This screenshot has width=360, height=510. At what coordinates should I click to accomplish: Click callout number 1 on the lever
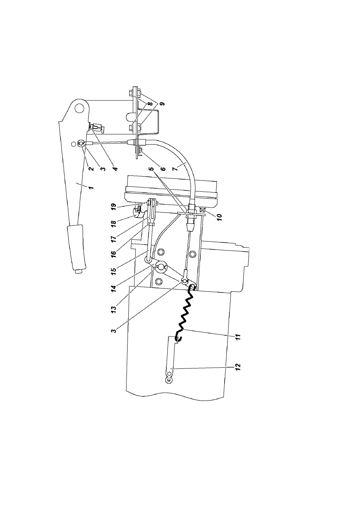[91, 188]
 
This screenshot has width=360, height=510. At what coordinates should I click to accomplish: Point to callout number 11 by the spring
[238, 337]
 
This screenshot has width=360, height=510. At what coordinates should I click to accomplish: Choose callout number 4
[115, 169]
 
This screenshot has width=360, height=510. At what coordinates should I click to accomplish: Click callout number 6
[163, 169]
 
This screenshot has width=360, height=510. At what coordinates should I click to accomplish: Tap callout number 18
[114, 223]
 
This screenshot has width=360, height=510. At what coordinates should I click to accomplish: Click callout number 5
[152, 169]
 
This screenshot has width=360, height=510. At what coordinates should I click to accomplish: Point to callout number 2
[91, 169]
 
